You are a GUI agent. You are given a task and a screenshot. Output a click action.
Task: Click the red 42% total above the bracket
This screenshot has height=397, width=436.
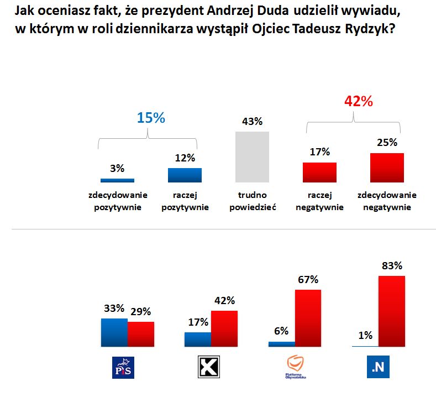[x=358, y=101]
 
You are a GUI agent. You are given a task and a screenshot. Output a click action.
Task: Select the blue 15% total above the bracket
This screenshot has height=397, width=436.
[x=151, y=118]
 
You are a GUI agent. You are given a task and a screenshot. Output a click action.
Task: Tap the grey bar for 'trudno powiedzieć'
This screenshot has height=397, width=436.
[x=252, y=157]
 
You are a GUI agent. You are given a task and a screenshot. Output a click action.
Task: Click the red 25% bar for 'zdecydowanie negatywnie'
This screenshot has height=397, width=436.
[x=387, y=168]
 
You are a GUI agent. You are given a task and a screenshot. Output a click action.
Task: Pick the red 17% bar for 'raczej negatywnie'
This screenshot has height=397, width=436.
[x=319, y=173]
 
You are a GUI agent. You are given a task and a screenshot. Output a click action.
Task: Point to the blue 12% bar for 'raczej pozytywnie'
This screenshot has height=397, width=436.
[x=185, y=175]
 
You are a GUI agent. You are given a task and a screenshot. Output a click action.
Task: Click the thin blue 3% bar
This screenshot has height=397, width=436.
[x=117, y=180]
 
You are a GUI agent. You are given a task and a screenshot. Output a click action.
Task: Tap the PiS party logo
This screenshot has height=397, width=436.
[x=123, y=367]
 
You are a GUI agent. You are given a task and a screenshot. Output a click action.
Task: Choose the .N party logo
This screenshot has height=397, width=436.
[x=378, y=367]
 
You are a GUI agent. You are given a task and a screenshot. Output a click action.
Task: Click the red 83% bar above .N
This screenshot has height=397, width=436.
[x=391, y=311]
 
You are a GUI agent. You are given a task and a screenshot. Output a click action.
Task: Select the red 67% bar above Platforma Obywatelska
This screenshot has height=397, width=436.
[x=308, y=318]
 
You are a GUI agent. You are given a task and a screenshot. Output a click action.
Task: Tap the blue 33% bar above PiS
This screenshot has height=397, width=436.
[x=114, y=332]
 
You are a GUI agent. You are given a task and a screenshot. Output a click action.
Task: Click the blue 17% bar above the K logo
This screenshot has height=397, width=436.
[x=197, y=339]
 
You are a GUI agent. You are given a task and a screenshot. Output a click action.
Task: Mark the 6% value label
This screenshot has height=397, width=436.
[x=281, y=331]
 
